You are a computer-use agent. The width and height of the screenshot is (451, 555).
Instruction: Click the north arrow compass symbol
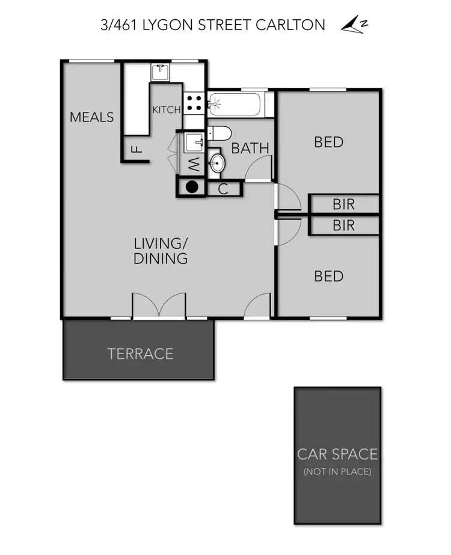354,25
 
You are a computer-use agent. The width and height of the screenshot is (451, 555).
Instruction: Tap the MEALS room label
91,117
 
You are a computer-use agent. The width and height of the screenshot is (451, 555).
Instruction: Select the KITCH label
166,109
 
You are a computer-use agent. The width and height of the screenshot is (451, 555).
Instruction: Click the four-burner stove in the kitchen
193,103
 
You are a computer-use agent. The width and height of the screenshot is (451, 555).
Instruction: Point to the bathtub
236,104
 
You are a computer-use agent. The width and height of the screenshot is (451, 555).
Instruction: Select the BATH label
250,148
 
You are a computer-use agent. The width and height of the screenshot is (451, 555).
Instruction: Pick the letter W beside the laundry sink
194,162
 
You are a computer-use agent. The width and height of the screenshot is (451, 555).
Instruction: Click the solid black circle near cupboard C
192,187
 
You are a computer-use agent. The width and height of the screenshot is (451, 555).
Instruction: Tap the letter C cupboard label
222,189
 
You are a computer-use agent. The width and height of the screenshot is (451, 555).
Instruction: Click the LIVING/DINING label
160,251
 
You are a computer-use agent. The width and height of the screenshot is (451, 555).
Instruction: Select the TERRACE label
140,354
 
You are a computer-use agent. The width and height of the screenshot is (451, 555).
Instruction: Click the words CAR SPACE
337,453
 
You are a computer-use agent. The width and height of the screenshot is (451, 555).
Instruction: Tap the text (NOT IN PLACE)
337,471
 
